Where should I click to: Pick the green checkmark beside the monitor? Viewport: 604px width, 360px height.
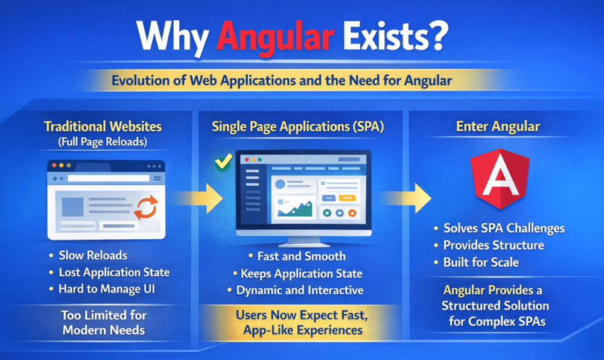224,162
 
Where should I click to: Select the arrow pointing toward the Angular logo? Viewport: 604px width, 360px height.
410,198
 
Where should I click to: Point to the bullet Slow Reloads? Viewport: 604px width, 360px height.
93,255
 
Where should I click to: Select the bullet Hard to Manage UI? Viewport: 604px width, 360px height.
106,289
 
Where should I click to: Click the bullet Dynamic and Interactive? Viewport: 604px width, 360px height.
299,290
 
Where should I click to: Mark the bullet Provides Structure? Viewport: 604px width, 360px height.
493,245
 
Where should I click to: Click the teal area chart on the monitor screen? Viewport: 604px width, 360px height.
295,207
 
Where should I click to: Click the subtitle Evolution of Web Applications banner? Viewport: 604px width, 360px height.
302,81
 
